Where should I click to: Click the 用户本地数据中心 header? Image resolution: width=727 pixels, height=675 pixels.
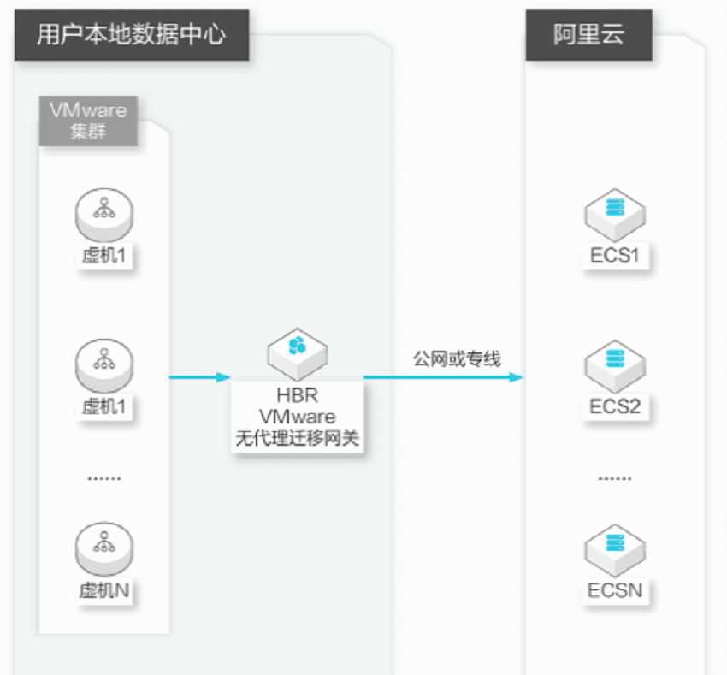132,35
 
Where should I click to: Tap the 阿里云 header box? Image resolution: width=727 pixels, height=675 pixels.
588,35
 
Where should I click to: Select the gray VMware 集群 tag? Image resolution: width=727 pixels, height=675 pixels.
88,121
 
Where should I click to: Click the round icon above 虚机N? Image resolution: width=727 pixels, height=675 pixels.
104,549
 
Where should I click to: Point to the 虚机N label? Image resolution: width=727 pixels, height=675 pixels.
104,590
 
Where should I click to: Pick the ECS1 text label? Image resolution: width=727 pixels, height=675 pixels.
615,255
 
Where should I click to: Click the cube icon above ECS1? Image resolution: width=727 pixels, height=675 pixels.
615,215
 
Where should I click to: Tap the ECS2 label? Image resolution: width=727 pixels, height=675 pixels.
615,406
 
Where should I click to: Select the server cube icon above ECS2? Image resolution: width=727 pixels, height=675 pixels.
615,366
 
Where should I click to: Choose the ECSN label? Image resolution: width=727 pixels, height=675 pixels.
615,590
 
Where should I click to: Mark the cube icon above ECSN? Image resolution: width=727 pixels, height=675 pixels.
615,550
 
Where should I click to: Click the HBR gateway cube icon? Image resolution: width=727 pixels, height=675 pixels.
298,353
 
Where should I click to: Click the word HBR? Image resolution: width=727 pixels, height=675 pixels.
297,396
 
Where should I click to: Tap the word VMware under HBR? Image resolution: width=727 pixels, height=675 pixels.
297,417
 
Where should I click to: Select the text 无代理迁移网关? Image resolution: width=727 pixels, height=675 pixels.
297,438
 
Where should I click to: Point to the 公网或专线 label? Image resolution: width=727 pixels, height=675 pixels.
458,358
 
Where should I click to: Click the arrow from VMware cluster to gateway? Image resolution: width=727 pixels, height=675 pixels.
200,377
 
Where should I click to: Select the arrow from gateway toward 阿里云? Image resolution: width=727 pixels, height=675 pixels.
443,377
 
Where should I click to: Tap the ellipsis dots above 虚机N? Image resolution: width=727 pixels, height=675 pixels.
104,478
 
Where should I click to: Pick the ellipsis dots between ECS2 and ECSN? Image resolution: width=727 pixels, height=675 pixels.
615,478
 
